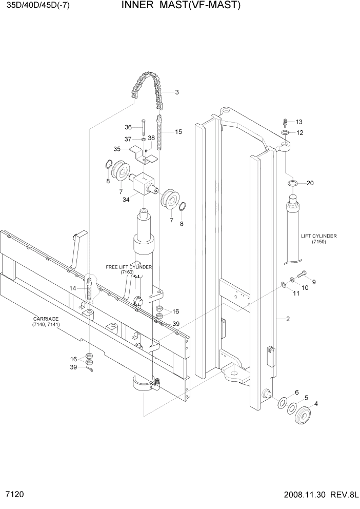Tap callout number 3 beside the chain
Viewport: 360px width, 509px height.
click(176, 93)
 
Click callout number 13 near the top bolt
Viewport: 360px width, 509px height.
click(299, 122)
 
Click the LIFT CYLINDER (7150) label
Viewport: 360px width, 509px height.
click(318, 239)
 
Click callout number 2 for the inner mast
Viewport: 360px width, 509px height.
click(288, 319)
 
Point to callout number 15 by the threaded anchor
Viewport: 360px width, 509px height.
click(178, 132)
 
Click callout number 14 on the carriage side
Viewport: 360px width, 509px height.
click(73, 289)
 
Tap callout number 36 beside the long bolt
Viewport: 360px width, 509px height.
click(128, 127)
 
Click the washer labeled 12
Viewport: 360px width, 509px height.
click(285, 133)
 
